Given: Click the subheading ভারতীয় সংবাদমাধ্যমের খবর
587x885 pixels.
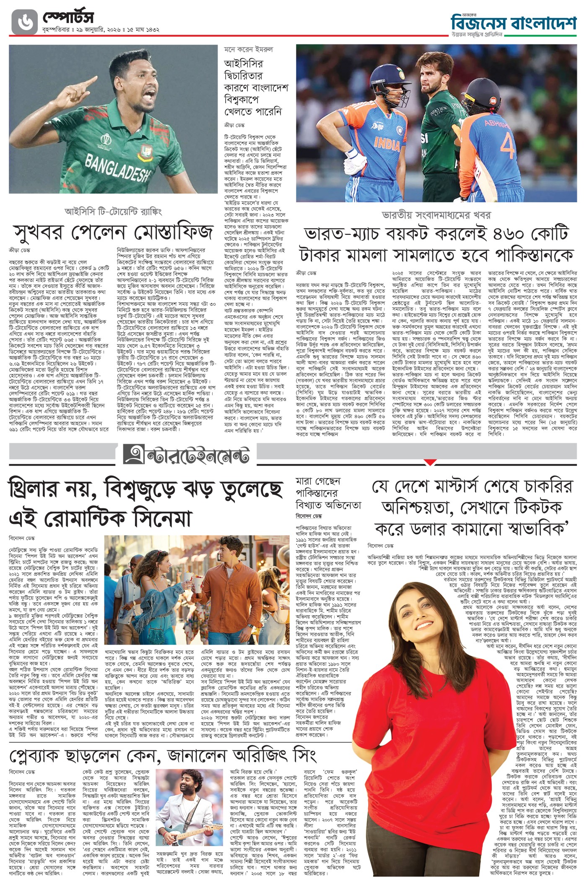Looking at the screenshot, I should coord(436,215).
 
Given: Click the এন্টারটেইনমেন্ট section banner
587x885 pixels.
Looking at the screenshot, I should coord(186,456).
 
